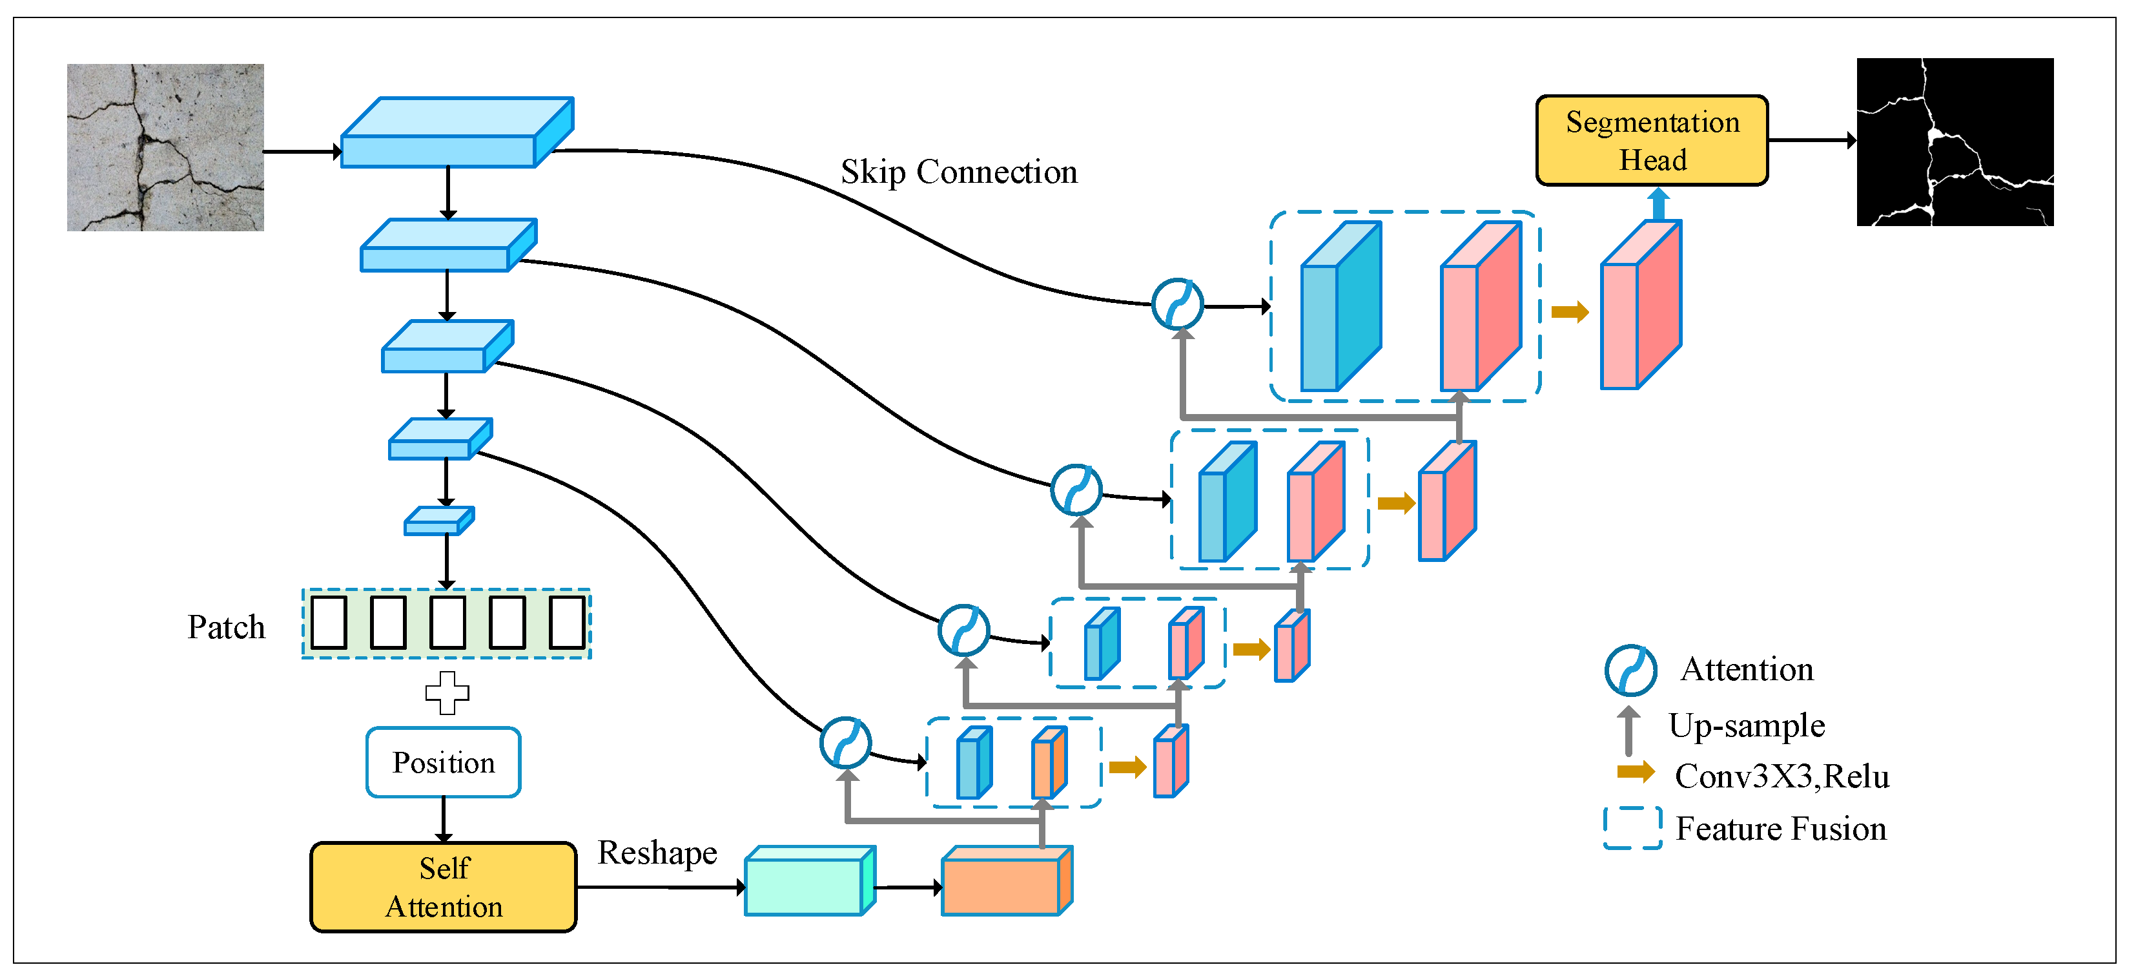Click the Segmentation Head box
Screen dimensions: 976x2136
click(x=1651, y=140)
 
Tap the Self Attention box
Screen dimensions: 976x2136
click(x=443, y=886)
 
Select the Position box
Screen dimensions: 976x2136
click(x=443, y=762)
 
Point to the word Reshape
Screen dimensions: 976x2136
click(x=657, y=853)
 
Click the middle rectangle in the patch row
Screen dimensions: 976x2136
click(x=447, y=623)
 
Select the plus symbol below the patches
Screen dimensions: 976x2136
click(x=447, y=692)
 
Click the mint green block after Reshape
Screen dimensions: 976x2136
click(x=809, y=882)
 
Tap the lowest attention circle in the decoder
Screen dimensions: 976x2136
click(x=845, y=742)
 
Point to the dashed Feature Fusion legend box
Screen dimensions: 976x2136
click(x=1632, y=827)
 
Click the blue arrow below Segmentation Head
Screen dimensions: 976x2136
click(x=1658, y=204)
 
